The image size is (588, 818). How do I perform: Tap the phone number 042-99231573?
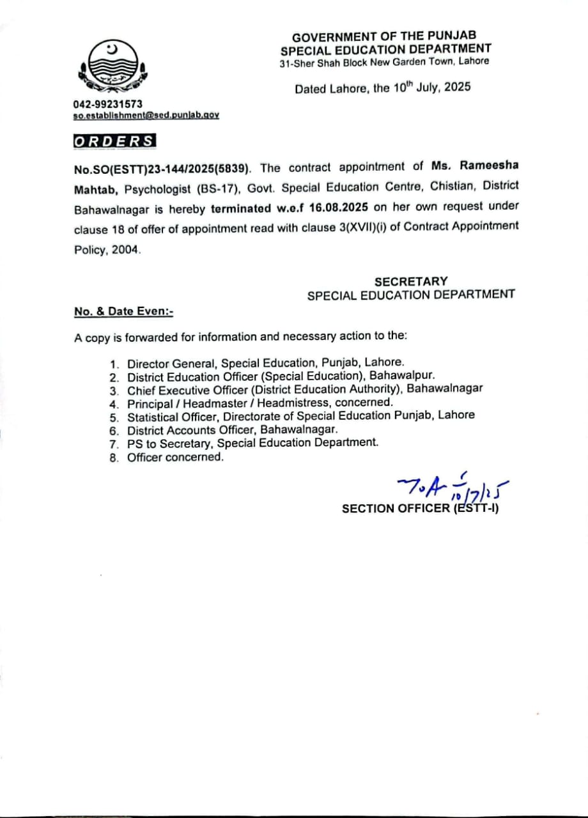click(108, 104)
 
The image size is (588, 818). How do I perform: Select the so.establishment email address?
click(146, 114)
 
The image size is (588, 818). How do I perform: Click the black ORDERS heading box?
click(114, 141)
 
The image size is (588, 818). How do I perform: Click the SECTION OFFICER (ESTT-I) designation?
click(420, 509)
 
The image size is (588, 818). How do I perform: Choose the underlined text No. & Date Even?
click(124, 311)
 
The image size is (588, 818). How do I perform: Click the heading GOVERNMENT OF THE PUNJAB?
click(384, 37)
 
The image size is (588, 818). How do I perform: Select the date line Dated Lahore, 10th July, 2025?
click(382, 88)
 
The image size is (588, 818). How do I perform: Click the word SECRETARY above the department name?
click(411, 281)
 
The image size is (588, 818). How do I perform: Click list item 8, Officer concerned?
click(175, 457)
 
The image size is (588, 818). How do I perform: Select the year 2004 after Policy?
click(125, 251)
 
